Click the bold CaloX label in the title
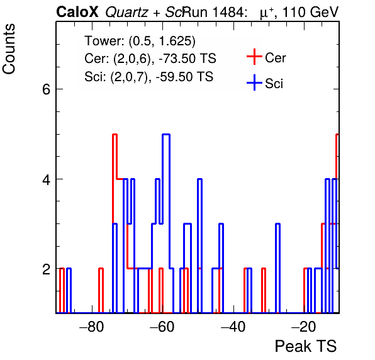77,12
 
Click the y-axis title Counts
9,49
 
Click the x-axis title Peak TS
306,346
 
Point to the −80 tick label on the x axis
92,327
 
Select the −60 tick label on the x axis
162,327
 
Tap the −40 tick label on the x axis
233,327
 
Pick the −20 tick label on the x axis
304,327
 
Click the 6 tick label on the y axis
47,89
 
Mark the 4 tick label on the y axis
47,179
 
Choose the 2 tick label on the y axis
47,269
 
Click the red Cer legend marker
254,57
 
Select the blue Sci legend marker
254,82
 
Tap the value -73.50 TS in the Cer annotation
187,59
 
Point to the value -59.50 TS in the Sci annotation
184,77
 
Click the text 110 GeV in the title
310,12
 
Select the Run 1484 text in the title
214,12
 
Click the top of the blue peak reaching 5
166,135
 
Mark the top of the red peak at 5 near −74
115,135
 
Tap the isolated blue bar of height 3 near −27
277,268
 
